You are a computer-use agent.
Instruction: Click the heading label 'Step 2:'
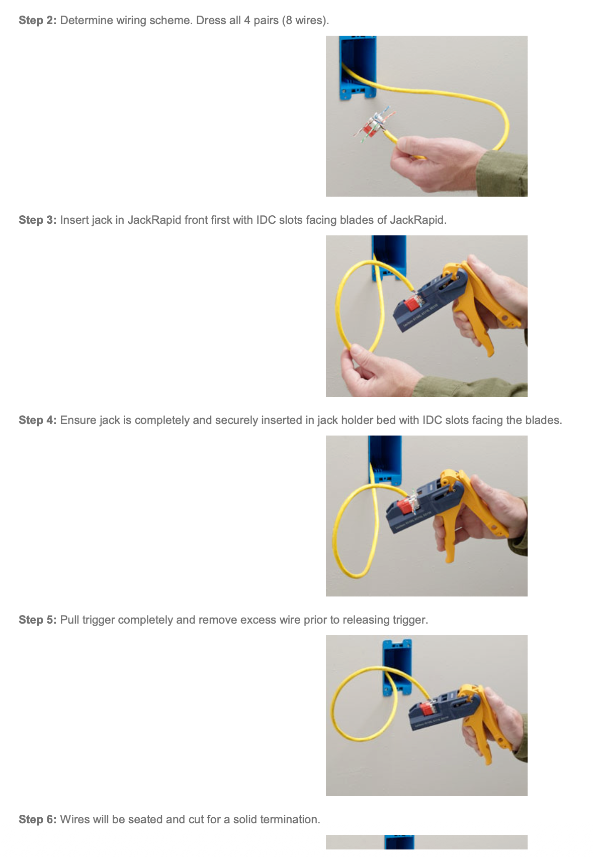[x=38, y=21]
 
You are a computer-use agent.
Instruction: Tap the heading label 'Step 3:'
[x=38, y=220]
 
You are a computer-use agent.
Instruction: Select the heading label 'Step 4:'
[x=38, y=420]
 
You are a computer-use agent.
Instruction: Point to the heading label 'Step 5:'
[x=38, y=620]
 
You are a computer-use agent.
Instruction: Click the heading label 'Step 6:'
[x=38, y=820]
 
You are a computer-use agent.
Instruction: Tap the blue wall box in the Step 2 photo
[x=358, y=65]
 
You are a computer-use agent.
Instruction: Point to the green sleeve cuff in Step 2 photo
[x=503, y=174]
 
